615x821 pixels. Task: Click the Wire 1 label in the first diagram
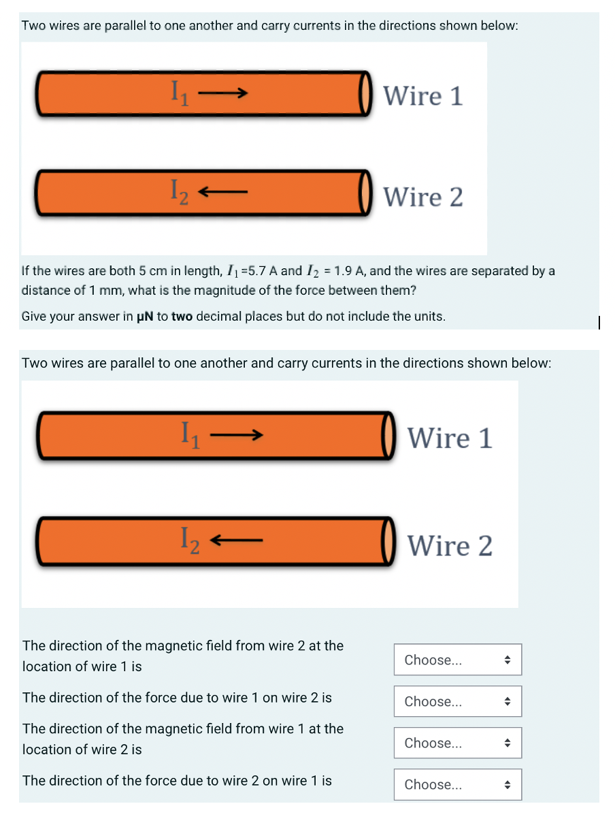(x=422, y=96)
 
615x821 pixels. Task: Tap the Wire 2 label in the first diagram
(x=422, y=197)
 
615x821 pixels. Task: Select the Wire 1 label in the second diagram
(x=450, y=437)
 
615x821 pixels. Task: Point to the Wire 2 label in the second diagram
(x=450, y=545)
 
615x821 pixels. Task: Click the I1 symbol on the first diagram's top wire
(x=178, y=91)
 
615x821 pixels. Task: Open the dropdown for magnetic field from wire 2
(x=457, y=660)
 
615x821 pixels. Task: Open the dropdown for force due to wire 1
(x=457, y=701)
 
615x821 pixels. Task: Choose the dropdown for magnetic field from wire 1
(x=457, y=743)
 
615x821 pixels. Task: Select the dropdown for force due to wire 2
(x=457, y=784)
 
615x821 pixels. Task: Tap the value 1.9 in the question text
(x=341, y=271)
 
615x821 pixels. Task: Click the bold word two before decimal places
(x=182, y=317)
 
